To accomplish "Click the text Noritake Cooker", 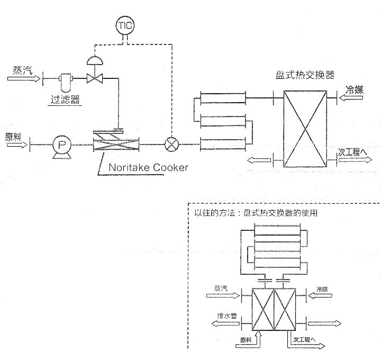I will click(x=148, y=168).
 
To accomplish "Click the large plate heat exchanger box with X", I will click(x=306, y=129).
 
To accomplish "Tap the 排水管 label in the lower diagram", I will click(x=226, y=316).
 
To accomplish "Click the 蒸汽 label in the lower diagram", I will click(x=221, y=288).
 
